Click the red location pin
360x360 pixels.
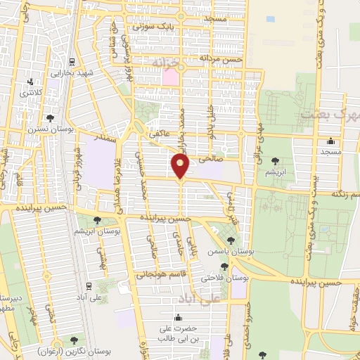pyautogui.click(x=181, y=166)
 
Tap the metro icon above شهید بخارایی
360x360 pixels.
pyautogui.click(x=72, y=61)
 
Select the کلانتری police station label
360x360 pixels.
pyautogui.click(x=31, y=92)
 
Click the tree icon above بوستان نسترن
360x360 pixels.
pyautogui.click(x=49, y=117)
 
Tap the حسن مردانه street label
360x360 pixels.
pyautogui.click(x=220, y=59)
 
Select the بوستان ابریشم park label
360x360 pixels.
pyautogui.click(x=97, y=230)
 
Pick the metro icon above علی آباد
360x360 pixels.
pyautogui.click(x=89, y=285)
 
